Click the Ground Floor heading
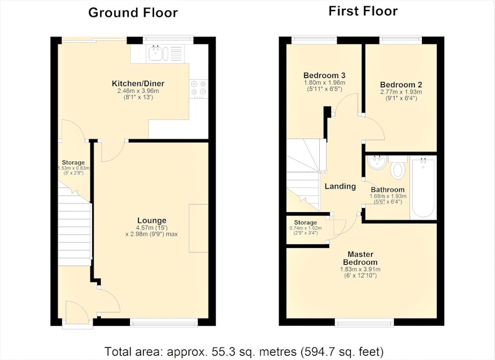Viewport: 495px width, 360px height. click(x=133, y=13)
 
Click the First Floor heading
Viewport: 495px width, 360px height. click(x=363, y=11)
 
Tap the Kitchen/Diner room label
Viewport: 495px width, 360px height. click(x=138, y=84)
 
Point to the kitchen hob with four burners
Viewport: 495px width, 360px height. click(x=199, y=88)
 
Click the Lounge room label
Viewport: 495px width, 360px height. click(x=152, y=221)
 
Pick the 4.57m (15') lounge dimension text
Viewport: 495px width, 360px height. click(x=152, y=228)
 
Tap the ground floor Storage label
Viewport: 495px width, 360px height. click(x=73, y=163)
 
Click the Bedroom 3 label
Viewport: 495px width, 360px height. click(x=324, y=75)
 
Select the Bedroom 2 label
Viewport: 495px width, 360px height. click(x=401, y=85)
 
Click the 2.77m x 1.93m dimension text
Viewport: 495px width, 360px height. click(x=401, y=92)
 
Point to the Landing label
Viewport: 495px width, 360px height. click(x=340, y=186)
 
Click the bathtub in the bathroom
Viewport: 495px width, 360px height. click(x=423, y=187)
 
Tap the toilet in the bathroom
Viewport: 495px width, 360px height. click(x=398, y=167)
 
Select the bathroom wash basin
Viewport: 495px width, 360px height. click(x=376, y=162)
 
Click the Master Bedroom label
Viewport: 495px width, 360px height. click(x=360, y=258)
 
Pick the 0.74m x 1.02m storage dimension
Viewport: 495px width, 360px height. click(x=306, y=228)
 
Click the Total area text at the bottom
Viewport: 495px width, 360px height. click(x=244, y=351)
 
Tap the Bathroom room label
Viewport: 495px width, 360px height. click(x=388, y=190)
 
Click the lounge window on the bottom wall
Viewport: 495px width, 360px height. click(x=164, y=322)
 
